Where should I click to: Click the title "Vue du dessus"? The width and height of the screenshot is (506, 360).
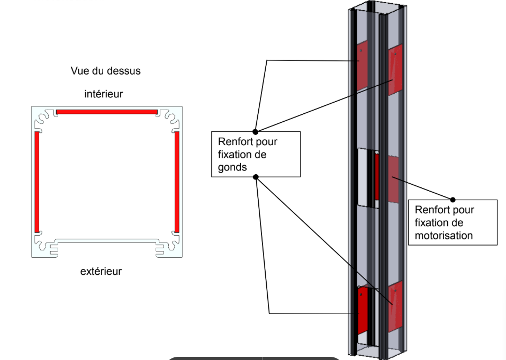(106, 70)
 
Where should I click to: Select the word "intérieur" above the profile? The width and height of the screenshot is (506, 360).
(104, 94)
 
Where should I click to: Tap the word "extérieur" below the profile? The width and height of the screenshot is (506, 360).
(101, 272)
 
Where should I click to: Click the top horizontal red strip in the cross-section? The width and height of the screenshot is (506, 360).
(107, 112)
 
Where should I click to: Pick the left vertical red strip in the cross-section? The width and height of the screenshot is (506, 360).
(37, 182)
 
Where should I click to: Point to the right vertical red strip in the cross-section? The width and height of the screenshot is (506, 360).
(176, 182)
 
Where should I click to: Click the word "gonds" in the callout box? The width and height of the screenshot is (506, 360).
(232, 167)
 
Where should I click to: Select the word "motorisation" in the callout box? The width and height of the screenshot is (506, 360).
(444, 236)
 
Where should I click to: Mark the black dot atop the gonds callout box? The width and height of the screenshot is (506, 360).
(255, 131)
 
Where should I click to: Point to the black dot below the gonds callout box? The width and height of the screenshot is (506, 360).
(255, 177)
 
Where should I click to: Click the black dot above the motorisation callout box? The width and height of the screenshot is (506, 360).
(453, 200)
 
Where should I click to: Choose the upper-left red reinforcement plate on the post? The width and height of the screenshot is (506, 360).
(362, 65)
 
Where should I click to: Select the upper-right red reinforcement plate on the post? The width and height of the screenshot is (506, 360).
(395, 69)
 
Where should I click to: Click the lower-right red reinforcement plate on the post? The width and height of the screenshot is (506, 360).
(395, 306)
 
